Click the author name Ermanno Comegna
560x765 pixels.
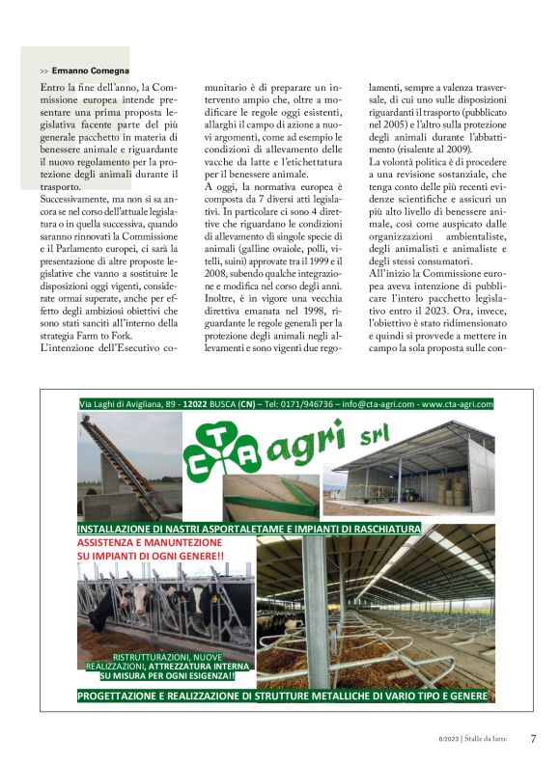coord(84,71)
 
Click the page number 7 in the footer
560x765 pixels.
coord(534,739)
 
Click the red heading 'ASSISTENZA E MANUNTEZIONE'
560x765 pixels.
coord(149,543)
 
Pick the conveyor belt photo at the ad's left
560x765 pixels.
coord(129,466)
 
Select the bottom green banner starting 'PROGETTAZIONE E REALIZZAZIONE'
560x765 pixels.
coord(283,696)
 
